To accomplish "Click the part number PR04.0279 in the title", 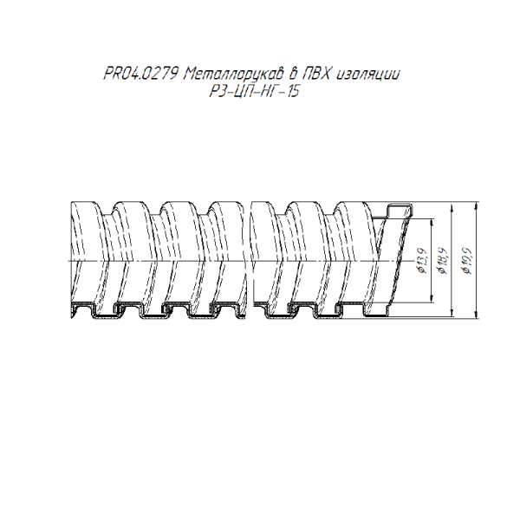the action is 142,74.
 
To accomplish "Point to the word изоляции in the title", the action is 368,75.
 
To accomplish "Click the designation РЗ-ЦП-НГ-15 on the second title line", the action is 254,91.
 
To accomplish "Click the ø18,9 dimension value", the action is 443,260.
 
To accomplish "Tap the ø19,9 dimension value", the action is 468,260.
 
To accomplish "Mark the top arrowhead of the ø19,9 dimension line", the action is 476,205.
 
